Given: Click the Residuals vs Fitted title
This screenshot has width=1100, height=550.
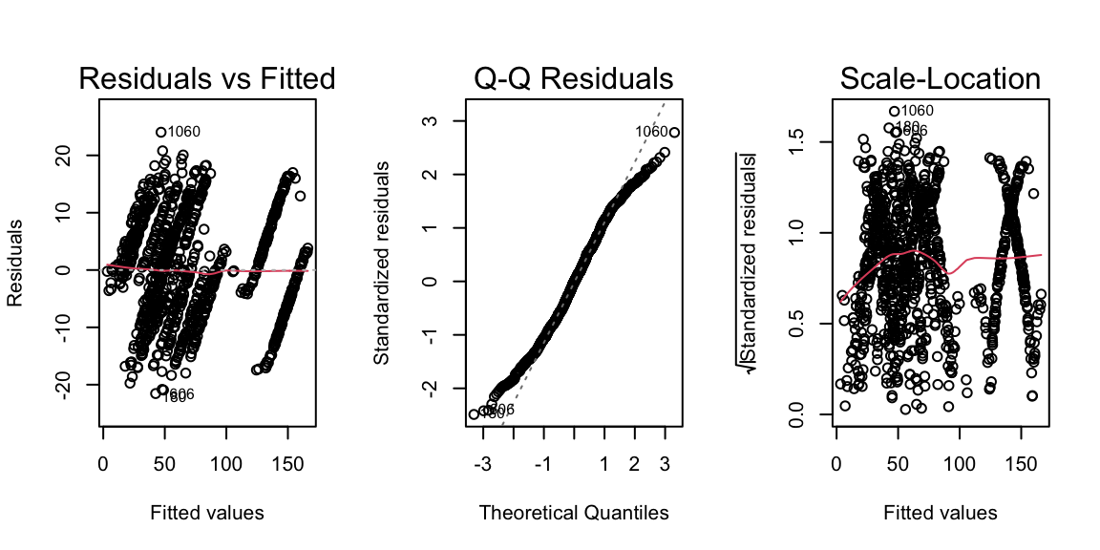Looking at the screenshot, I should tap(207, 78).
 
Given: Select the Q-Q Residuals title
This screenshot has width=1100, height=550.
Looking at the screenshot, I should tap(574, 78).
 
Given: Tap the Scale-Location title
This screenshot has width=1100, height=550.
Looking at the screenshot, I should tap(941, 78).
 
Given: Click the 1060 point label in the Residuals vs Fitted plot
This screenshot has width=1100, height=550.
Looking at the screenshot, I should tap(183, 132).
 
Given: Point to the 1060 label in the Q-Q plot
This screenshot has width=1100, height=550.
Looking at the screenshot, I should tap(651, 132).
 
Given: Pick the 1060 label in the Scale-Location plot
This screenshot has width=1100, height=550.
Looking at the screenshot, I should tap(917, 111).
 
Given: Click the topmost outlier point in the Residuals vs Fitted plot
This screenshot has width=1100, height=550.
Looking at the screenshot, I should tap(161, 132).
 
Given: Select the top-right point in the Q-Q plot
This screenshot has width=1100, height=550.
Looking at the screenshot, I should tap(674, 133).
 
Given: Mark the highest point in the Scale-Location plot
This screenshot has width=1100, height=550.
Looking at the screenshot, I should tap(895, 111).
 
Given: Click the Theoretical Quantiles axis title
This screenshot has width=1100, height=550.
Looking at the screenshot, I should tap(574, 513).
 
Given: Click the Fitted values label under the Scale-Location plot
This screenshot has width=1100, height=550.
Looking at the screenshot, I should tap(941, 513).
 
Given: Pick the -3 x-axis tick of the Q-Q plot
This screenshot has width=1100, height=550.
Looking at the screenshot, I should tap(483, 464).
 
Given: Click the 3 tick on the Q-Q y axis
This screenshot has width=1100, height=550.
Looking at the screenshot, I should tap(432, 120).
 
